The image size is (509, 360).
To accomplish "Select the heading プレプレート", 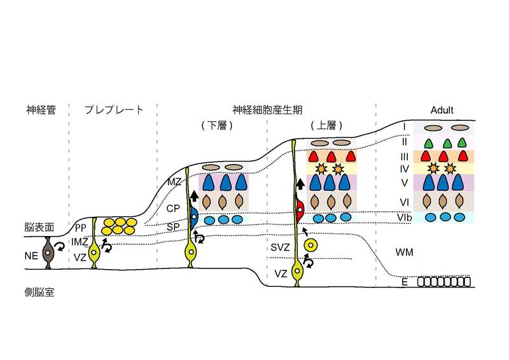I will [114, 110].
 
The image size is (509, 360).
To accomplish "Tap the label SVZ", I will [280, 246].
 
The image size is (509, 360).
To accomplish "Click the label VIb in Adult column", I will [403, 217].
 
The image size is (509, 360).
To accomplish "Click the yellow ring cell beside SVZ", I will [310, 244].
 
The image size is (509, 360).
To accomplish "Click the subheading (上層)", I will [322, 125].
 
